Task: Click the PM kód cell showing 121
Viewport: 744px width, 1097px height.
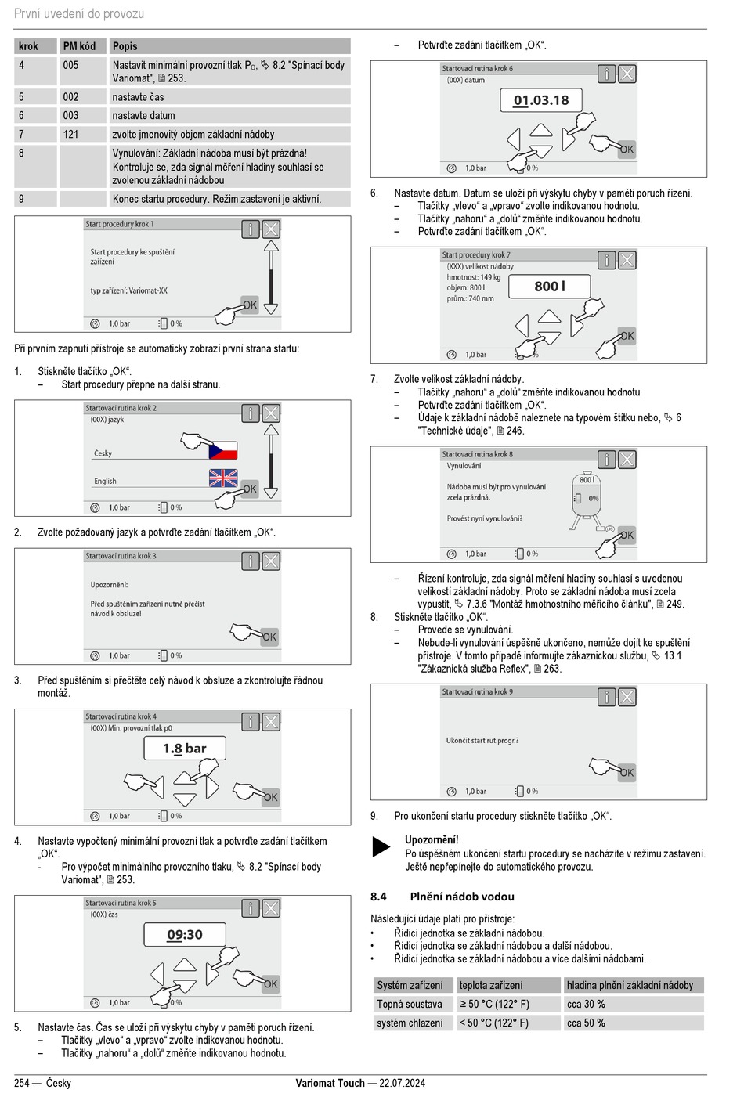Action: pos(71,134)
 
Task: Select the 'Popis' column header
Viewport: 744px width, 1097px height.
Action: pos(125,46)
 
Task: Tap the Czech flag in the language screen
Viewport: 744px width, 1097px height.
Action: pos(223,450)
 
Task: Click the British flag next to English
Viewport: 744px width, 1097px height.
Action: pos(223,478)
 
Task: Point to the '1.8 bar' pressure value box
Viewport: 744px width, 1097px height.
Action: pos(185,749)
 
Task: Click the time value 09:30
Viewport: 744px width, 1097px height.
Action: pos(185,935)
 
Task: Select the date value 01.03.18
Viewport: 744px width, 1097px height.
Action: pos(540,100)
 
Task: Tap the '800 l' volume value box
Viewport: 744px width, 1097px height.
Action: pos(550,287)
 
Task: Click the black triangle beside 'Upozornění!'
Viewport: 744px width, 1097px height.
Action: pos(381,847)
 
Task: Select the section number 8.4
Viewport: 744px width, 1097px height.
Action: pos(378,897)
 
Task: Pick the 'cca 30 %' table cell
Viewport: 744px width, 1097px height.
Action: pos(586,1004)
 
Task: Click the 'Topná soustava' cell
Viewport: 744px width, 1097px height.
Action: pos(410,1004)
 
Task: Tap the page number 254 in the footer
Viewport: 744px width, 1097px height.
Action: pos(22,1083)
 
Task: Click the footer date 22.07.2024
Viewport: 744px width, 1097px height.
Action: pos(402,1083)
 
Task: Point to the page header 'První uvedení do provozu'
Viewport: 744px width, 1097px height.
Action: pos(79,13)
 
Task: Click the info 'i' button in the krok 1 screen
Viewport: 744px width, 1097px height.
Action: pos(250,229)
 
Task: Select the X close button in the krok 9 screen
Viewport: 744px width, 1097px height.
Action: pos(627,697)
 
